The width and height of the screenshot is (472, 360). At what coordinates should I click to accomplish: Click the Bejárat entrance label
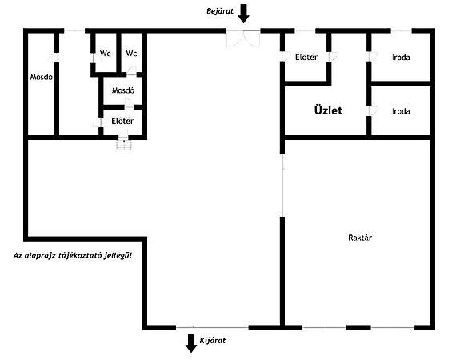point(220,11)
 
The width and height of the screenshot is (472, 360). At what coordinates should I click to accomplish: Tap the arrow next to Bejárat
point(243,14)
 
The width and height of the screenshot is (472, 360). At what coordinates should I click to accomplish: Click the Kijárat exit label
point(213,341)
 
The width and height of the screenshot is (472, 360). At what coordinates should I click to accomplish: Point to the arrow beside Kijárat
point(191,343)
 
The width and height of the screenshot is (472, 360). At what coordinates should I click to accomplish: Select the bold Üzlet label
point(328,110)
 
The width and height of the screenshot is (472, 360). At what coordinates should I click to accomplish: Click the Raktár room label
point(360,238)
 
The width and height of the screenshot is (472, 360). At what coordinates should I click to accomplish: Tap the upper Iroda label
point(401,57)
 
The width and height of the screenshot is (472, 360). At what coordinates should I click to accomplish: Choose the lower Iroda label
point(401,111)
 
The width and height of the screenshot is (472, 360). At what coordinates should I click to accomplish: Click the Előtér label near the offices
point(306,57)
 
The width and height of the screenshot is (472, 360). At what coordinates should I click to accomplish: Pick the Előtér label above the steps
point(122,121)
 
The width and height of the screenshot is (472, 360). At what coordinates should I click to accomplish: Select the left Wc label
point(106,54)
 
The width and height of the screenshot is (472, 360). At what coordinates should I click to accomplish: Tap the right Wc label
point(131,54)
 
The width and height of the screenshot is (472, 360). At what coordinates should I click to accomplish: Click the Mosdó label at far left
point(42,77)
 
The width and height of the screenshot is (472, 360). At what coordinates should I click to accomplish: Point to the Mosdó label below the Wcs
point(123,90)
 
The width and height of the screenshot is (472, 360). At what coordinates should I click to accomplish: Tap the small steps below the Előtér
point(124,145)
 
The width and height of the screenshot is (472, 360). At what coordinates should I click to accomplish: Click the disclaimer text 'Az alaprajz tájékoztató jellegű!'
point(73,256)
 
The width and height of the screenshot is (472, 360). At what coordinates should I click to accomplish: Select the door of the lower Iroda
point(373,110)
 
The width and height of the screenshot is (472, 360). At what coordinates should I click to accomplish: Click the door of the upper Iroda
point(373,57)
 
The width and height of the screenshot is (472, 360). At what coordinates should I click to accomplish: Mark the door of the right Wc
point(131,71)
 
